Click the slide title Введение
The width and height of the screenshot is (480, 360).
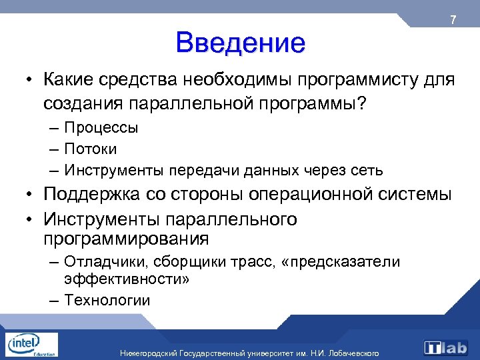241,43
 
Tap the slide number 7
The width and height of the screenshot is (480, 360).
453,21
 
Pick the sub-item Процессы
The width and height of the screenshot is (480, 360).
101,127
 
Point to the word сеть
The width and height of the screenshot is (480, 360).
367,170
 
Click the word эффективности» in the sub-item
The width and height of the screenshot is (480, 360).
127,279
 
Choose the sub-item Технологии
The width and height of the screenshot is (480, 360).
107,300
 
